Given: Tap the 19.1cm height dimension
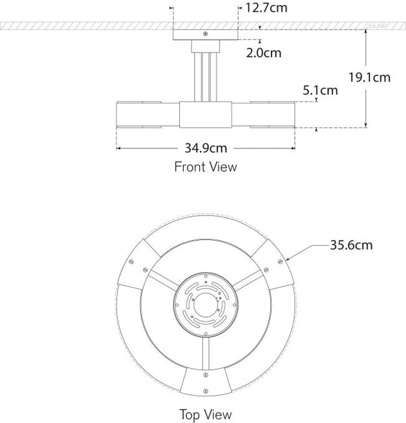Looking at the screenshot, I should pos(369,78).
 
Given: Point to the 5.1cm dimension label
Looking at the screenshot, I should pos(320,90).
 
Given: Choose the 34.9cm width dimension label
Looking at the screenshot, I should pos(206,148).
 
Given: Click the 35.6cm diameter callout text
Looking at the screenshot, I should pos(352,244).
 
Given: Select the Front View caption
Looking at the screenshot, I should pos(206,167).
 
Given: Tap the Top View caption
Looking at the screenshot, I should pos(206,415).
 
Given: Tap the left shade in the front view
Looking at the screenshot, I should pos(147,115).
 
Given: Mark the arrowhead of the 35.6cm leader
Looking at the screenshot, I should pos(288,259).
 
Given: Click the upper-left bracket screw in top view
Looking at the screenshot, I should pos(131,260).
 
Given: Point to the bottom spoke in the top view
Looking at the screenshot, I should pos(205,351).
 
